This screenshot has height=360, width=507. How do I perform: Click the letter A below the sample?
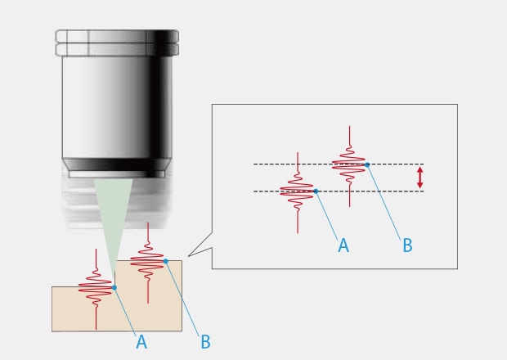(x=141, y=341)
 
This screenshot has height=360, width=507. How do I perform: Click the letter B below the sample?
(x=204, y=341)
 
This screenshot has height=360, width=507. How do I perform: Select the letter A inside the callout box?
(x=343, y=244)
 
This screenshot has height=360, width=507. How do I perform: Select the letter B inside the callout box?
(x=406, y=244)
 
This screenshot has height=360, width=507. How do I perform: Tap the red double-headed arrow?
(x=420, y=178)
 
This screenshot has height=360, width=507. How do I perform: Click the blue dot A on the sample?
(x=114, y=287)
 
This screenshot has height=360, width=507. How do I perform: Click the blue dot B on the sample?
(x=165, y=261)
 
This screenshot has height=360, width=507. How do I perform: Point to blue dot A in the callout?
(x=316, y=191)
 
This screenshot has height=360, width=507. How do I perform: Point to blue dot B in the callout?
(x=368, y=164)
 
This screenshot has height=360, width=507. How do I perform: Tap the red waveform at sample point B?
(x=147, y=262)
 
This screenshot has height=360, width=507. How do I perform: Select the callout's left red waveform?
(x=297, y=191)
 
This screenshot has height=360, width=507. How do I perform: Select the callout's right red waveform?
(x=349, y=164)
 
